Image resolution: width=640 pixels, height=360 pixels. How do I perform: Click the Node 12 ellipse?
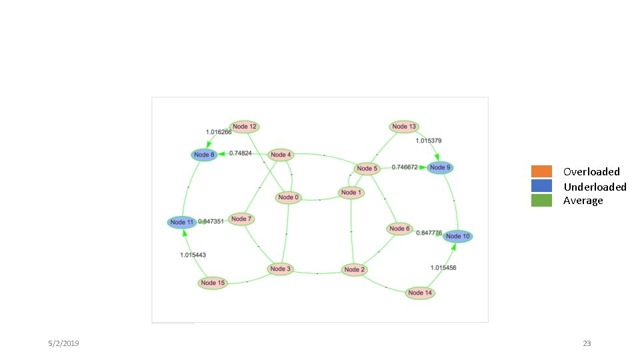point(244,127)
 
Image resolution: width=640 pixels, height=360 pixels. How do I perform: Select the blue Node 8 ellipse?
point(204,155)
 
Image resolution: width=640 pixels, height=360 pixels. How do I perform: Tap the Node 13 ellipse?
point(404,127)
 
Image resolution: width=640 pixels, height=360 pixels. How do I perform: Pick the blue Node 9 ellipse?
point(440,167)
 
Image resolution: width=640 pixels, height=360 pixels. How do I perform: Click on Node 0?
point(289,197)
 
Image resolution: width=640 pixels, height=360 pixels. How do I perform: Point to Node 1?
point(351,193)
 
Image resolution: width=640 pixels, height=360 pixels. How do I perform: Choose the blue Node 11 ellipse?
point(181,222)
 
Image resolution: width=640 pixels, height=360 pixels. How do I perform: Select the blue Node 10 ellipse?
point(458,236)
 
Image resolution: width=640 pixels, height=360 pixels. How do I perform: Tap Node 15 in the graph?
point(213,283)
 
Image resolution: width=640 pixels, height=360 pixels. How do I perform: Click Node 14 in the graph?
point(420,293)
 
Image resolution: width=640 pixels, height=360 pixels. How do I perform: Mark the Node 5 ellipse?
point(367,169)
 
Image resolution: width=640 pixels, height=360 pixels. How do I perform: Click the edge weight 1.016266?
point(219,132)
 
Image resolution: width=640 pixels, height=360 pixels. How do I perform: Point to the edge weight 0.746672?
point(405,167)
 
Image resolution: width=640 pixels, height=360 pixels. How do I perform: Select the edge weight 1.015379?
point(428,141)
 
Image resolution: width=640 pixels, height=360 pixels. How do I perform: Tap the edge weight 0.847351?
point(211,221)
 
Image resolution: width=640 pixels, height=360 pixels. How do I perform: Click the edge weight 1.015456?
point(443,267)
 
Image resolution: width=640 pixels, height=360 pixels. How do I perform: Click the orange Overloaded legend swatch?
point(541,171)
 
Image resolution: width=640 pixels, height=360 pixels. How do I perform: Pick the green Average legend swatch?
point(541,201)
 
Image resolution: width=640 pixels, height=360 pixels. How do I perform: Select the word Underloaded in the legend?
point(595,187)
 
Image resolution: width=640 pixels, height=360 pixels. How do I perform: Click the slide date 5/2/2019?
point(63,343)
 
